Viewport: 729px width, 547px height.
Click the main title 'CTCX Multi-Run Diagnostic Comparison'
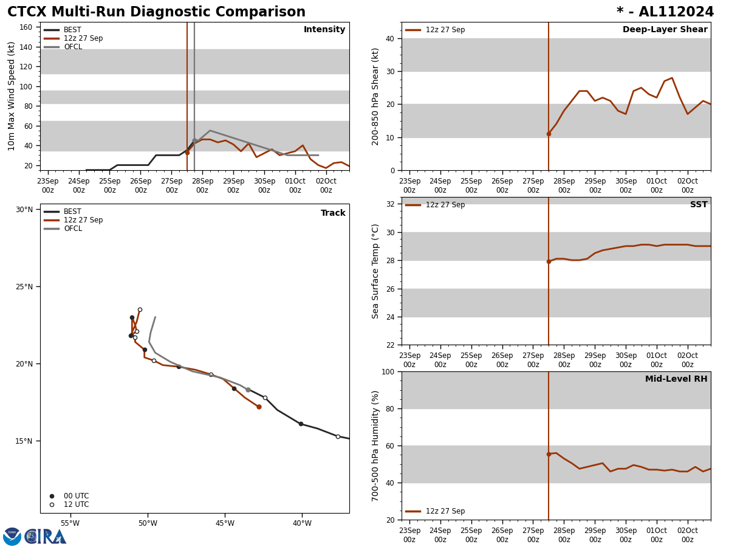156,12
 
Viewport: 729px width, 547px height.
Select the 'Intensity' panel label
324,30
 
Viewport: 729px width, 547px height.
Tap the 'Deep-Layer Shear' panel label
665,30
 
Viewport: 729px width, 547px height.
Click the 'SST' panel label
699,205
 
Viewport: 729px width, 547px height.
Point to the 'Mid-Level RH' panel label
676,379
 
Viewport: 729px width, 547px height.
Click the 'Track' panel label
333,213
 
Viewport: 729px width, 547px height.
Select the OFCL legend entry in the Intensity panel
72,47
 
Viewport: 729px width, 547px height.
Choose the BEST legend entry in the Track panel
72,212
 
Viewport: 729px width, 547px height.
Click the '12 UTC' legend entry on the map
76,504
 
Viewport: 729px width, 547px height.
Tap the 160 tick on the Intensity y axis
26,27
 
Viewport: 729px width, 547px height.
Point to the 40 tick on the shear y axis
389,38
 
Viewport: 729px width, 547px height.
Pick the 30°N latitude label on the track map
24,210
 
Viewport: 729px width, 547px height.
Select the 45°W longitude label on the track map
225,523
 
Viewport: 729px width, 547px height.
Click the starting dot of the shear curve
549,134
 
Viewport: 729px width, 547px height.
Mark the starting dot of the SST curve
549,261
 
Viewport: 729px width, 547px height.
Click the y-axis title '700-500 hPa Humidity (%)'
376,446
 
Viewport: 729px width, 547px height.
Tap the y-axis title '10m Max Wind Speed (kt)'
12,96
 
